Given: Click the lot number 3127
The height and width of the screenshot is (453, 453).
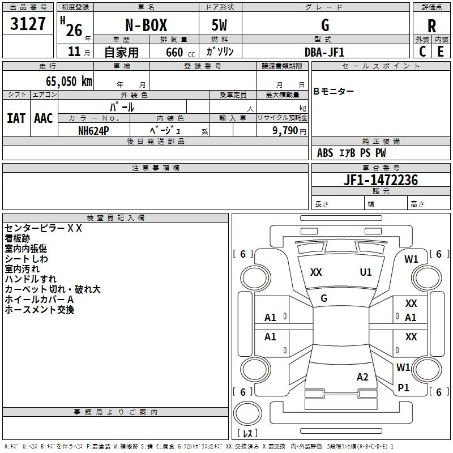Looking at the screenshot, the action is tap(28, 25).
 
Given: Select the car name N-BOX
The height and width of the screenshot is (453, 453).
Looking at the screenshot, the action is tap(145, 25).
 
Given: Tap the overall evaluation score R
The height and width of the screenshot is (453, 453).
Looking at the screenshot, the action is tap(431, 25).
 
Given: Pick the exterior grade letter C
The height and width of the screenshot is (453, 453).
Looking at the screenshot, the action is tap(422, 51).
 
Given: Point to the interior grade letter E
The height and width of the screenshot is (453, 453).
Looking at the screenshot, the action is tap(441, 51).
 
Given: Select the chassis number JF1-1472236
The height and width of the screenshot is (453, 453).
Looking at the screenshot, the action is tap(381, 180).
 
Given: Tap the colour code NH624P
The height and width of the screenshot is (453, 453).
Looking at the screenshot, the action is tap(93, 130).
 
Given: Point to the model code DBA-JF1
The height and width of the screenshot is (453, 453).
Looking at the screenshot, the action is tap(324, 52).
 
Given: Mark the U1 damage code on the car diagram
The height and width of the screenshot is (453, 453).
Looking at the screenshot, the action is tap(366, 272).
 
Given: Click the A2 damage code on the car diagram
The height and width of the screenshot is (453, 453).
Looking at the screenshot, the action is tap(362, 377).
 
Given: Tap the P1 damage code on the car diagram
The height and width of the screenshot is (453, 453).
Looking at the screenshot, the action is tap(403, 388).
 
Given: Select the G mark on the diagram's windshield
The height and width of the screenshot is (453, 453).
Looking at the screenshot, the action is tap(324, 298).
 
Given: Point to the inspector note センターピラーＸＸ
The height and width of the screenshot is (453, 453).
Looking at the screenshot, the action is tap(44, 228).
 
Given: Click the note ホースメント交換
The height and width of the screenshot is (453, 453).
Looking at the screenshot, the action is tap(39, 310).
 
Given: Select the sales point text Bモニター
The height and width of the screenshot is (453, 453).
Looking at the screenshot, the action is tap(334, 92).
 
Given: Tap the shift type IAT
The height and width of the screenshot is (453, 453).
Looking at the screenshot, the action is tap(16, 118).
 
